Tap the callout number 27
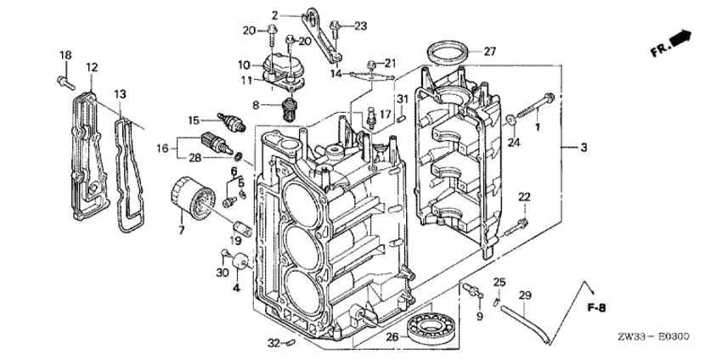tap(489, 51)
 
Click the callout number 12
tap(92, 66)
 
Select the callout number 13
tap(121, 93)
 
